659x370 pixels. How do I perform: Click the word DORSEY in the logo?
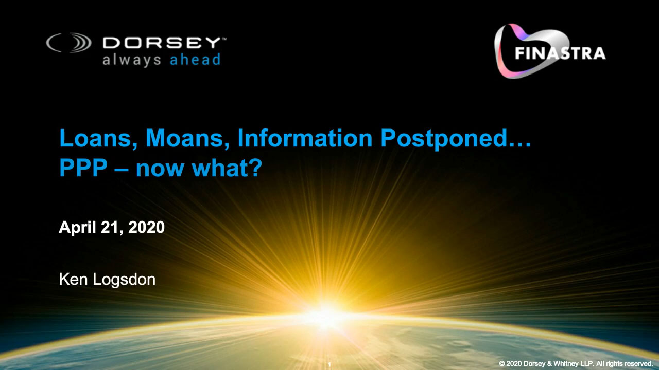tap(162, 43)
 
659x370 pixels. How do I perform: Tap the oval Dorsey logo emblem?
tap(69, 43)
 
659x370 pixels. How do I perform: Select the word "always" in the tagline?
tap(132, 60)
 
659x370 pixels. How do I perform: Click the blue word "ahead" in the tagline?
tap(195, 60)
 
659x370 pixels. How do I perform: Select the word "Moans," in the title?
tap(188, 138)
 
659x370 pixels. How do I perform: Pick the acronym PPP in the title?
tap(83, 168)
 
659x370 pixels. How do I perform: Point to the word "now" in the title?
tap(160, 170)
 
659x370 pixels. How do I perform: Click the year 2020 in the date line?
tap(147, 228)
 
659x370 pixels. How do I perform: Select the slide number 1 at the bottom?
tap(329, 365)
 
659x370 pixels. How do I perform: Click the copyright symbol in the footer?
tap(502, 363)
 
